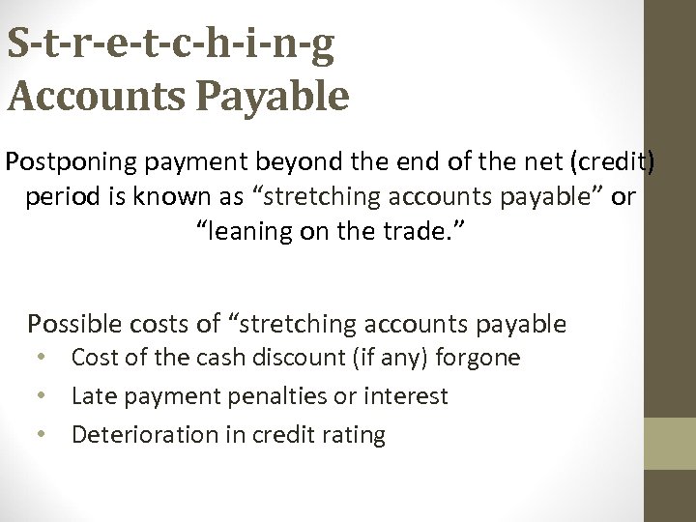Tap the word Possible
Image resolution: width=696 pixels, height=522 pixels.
(74, 323)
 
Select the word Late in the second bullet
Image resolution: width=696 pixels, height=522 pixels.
(93, 396)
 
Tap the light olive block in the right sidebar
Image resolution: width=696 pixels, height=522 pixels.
(670, 444)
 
